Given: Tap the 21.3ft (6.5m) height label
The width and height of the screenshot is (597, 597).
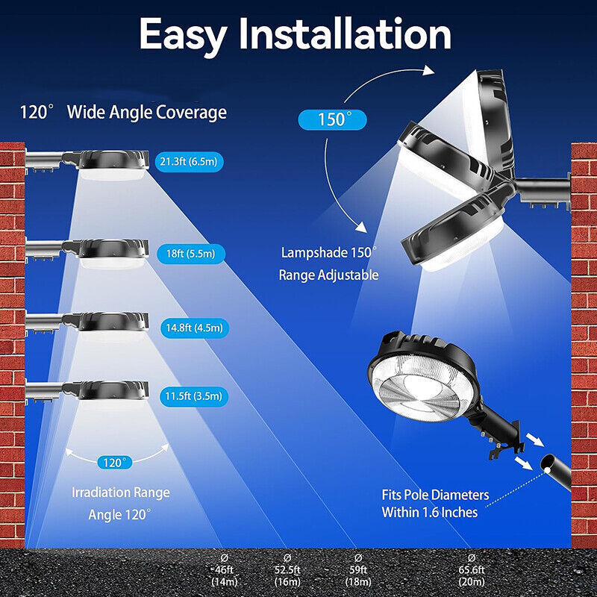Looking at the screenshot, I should tap(190, 161).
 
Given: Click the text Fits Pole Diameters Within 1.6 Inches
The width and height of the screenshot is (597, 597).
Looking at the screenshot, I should tap(435, 504).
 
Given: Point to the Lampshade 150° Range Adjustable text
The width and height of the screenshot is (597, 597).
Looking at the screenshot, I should tap(329, 264).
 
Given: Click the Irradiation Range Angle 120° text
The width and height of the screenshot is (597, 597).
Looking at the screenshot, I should tap(120, 504).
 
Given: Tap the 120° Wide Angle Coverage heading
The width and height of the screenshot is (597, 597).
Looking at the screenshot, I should tap(123, 113).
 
